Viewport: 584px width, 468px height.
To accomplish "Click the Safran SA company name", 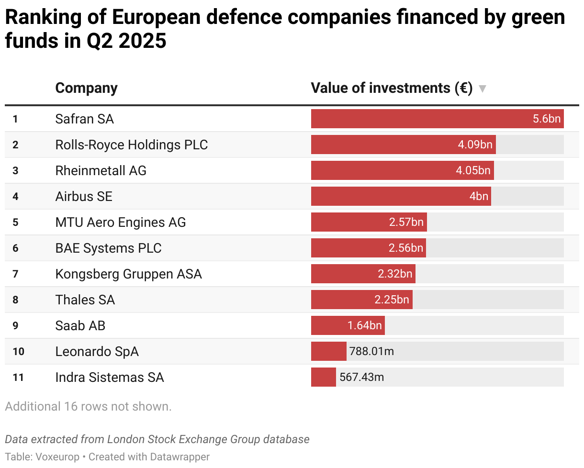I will pyautogui.click(x=84, y=119).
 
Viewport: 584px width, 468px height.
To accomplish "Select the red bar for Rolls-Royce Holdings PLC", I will pyautogui.click(x=383, y=145).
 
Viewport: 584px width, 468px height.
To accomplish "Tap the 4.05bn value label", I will pyautogui.click(x=473, y=170).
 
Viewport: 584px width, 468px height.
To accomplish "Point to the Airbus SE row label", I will pyautogui.click(x=84, y=196).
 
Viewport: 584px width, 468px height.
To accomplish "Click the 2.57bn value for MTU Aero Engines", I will pyautogui.click(x=406, y=222).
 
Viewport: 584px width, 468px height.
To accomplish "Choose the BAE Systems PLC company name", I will pyautogui.click(x=108, y=248).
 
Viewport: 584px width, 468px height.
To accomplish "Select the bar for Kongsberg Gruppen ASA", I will pyautogui.click(x=345, y=274).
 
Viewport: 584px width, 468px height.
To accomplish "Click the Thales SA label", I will pyautogui.click(x=85, y=300).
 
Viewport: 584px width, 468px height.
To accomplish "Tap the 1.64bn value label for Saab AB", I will pyautogui.click(x=365, y=325).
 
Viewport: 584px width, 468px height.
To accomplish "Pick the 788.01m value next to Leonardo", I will pyautogui.click(x=372, y=351).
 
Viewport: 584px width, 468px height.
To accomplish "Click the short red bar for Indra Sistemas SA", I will pyautogui.click(x=323, y=377).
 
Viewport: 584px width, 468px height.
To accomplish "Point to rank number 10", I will pyautogui.click(x=18, y=352).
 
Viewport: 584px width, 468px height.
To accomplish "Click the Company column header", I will pyautogui.click(x=86, y=88).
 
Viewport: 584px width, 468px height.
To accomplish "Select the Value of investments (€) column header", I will pyautogui.click(x=392, y=88).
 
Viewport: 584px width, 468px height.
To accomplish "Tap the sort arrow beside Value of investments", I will pyautogui.click(x=483, y=89).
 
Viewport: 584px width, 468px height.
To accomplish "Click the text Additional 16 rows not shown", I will pyautogui.click(x=88, y=406).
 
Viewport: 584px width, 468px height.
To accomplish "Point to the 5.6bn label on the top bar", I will pyautogui.click(x=547, y=119).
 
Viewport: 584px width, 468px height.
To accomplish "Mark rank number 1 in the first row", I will pyautogui.click(x=15, y=119).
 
